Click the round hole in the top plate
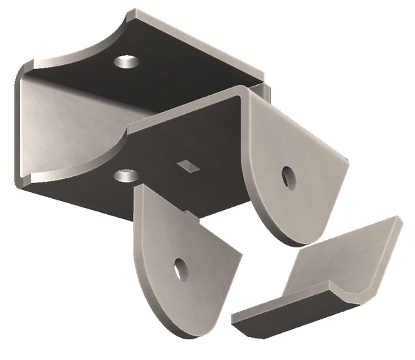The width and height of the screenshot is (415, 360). (x=124, y=62)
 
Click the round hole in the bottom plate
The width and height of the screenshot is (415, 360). (x=124, y=175)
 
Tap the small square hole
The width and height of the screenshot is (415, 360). (x=187, y=165)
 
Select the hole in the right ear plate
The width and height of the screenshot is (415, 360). (x=288, y=178)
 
